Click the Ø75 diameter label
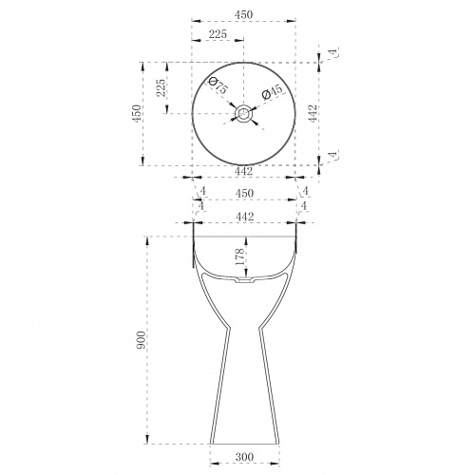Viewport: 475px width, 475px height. click(x=218, y=85)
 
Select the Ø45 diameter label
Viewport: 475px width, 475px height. click(x=272, y=92)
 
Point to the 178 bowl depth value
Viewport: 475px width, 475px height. click(x=239, y=256)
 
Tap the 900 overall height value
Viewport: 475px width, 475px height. click(x=141, y=340)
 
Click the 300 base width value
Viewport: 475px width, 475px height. click(x=244, y=457)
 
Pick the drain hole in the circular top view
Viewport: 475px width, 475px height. click(x=243, y=113)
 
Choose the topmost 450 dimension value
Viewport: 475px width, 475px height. click(x=243, y=14)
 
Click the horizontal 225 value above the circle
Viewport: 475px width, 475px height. click(x=218, y=34)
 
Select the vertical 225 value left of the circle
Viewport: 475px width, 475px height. click(x=161, y=87)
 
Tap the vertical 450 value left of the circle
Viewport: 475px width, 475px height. click(x=137, y=113)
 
